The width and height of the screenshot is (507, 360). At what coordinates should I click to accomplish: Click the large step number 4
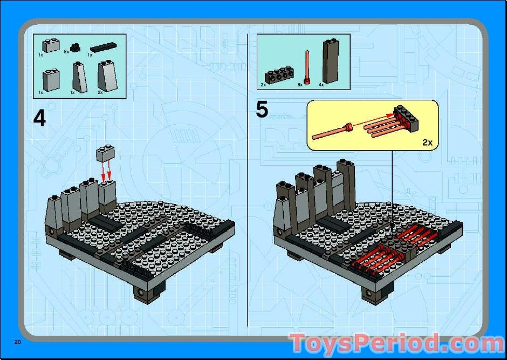point(39,118)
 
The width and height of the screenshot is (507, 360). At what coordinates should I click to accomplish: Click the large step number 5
point(262,110)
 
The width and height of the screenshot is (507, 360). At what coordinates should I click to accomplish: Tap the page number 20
point(17,342)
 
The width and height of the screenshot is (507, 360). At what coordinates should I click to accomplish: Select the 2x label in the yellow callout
point(427,142)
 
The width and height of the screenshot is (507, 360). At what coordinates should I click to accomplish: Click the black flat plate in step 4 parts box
point(104,47)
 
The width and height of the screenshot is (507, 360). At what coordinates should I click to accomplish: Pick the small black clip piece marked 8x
point(75,47)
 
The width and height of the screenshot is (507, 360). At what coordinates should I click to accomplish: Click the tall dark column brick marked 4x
point(331,61)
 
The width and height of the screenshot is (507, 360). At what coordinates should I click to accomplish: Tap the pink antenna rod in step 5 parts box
point(306,67)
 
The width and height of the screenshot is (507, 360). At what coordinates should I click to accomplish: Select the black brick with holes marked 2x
point(279,75)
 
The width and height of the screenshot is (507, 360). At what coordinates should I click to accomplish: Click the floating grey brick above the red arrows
point(105,153)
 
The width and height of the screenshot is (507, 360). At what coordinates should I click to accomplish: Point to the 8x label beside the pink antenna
point(300,85)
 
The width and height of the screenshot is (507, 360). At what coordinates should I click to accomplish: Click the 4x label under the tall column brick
point(321,85)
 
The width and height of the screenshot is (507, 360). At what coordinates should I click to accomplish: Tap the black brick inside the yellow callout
point(406,118)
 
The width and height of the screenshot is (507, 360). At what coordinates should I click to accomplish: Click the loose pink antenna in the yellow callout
point(332,132)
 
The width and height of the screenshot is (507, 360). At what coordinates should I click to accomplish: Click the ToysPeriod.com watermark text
point(397,344)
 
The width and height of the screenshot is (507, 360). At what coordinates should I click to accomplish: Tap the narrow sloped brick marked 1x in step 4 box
point(79,78)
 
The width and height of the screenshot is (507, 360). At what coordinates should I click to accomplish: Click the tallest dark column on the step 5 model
point(346,185)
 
